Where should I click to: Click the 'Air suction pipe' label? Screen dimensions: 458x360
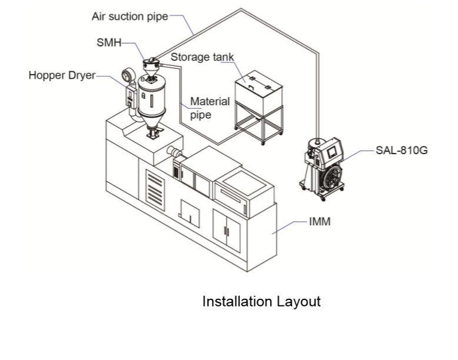[x=130, y=16]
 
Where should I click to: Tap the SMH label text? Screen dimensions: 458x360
[x=109, y=42]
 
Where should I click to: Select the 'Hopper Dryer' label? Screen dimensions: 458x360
[x=62, y=75]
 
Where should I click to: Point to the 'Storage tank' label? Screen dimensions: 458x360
[x=202, y=57]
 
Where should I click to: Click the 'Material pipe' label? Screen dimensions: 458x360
[x=210, y=108]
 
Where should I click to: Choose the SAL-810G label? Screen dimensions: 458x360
[x=401, y=150]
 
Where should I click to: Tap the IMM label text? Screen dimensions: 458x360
[x=320, y=222]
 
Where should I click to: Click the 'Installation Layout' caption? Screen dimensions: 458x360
[x=261, y=302]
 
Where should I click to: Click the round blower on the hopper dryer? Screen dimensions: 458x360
[x=128, y=75]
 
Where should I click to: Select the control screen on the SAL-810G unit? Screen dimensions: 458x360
[x=331, y=152]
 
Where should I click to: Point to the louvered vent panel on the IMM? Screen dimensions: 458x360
[x=155, y=191]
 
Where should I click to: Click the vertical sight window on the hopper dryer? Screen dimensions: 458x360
[x=152, y=101]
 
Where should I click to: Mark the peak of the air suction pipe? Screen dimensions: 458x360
[x=241, y=9]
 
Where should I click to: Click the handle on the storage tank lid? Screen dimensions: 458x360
[x=251, y=86]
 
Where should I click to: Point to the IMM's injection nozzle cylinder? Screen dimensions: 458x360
[x=174, y=152]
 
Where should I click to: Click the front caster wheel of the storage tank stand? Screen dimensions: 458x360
[x=263, y=143]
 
